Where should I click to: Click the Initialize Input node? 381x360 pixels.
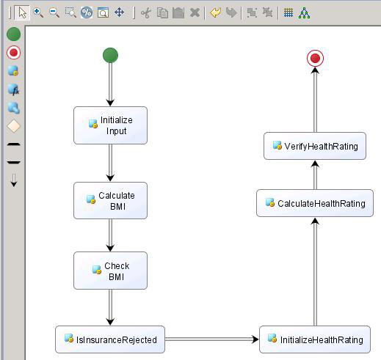(x=110, y=125)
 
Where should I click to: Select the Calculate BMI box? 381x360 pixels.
(x=110, y=200)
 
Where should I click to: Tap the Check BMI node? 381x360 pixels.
(x=110, y=271)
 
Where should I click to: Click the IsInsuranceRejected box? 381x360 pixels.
(x=110, y=339)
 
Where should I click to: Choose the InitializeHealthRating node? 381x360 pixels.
(x=315, y=339)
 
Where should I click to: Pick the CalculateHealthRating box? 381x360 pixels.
(x=315, y=203)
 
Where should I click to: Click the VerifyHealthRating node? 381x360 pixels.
(x=315, y=146)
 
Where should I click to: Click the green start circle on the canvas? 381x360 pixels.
(x=110, y=55)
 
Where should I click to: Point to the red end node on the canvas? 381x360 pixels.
(x=315, y=58)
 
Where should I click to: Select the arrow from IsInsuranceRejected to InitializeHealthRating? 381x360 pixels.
(x=212, y=339)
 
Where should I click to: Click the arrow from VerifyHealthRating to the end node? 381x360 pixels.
(x=315, y=100)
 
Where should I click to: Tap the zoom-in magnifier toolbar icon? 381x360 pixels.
(x=38, y=12)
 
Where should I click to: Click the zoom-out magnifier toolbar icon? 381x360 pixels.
(x=54, y=12)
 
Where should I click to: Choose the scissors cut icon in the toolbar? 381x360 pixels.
(x=146, y=12)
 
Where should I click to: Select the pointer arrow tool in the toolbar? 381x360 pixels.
(x=22, y=12)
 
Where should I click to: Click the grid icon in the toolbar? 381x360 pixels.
(x=289, y=12)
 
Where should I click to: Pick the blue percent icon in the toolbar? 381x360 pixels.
(x=87, y=12)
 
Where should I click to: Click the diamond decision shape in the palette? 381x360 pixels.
(x=13, y=126)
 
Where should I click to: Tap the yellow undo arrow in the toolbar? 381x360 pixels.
(x=215, y=12)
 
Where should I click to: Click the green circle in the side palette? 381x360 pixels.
(x=13, y=34)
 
